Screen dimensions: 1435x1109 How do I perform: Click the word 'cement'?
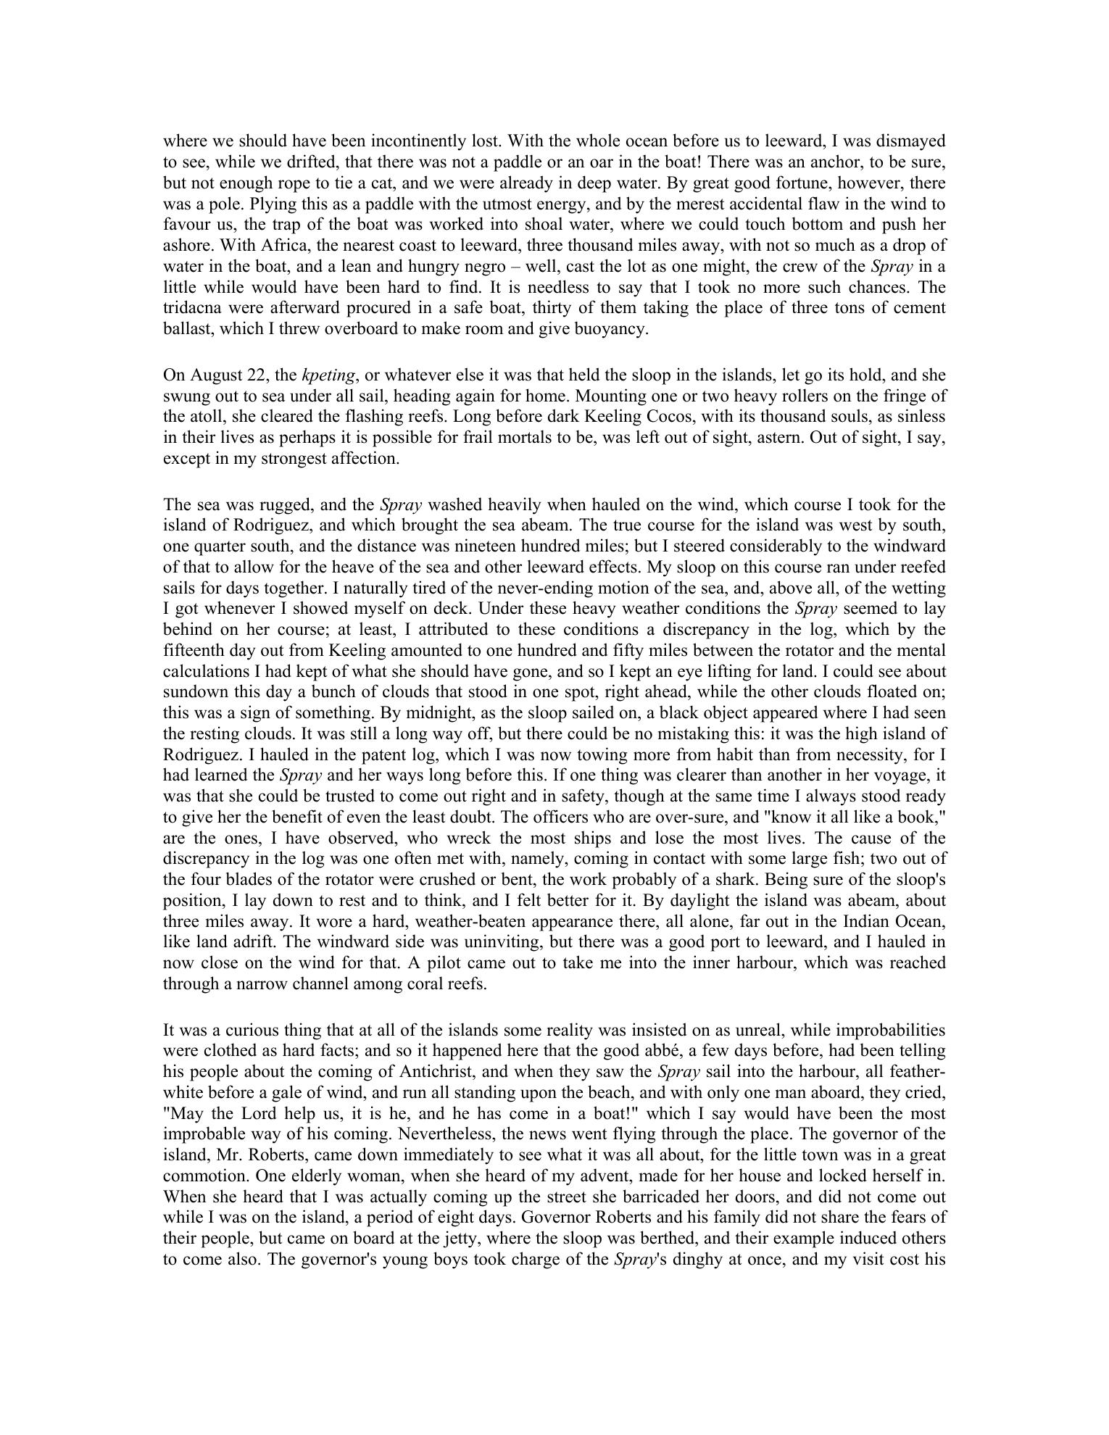tap(921, 308)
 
